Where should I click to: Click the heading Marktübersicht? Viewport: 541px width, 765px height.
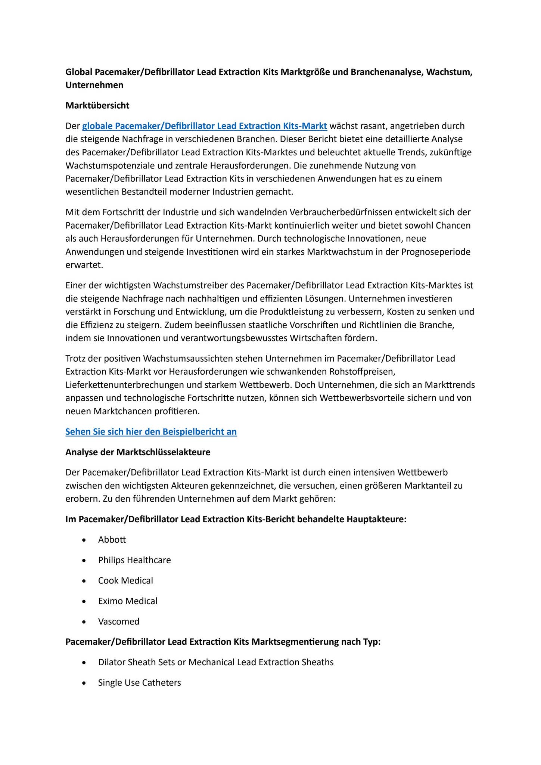coord(97,106)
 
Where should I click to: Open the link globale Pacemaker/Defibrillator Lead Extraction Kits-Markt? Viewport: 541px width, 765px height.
coord(204,126)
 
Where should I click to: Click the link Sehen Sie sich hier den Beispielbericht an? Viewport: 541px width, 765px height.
coord(151,432)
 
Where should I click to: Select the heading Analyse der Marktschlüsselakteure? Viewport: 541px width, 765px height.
coord(138,452)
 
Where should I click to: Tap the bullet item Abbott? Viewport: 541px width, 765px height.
coord(112,540)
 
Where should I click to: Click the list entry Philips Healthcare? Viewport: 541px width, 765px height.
coord(134,560)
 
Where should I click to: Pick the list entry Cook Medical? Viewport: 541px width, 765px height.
coord(125,581)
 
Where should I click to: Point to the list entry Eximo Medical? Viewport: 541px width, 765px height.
coord(128,601)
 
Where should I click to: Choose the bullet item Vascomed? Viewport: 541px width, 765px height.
coord(119,622)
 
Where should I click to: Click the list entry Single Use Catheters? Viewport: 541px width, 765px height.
coord(139,683)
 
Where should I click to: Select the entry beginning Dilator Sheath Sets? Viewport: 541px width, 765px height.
coord(215,662)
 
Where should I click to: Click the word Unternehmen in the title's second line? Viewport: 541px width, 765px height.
coord(94,85)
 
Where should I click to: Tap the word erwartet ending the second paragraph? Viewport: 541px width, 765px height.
coord(84,265)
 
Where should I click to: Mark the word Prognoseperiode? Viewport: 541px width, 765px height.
coord(436,252)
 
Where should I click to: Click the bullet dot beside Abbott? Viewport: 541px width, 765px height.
coord(84,541)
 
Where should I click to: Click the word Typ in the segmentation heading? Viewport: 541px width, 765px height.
coord(371,642)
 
